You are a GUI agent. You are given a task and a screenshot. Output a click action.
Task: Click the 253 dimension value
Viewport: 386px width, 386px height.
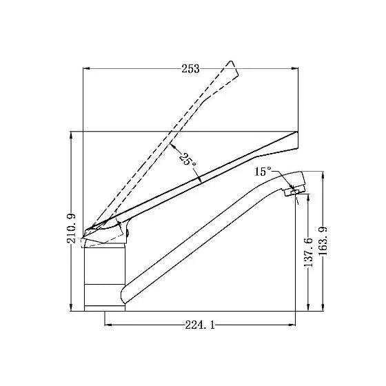[190, 69]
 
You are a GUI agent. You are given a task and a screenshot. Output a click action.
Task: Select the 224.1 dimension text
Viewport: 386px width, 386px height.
[200, 325]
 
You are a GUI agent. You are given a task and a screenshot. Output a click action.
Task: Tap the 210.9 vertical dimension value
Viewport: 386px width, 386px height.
[72, 228]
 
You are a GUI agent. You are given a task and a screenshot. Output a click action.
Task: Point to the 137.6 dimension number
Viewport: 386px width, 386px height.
[308, 252]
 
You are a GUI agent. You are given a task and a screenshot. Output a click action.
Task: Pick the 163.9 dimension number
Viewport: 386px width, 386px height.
[323, 241]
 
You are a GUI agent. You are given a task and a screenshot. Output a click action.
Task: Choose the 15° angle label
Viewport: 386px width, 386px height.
[263, 172]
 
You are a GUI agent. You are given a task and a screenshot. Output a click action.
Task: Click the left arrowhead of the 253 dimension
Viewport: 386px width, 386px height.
[86, 68]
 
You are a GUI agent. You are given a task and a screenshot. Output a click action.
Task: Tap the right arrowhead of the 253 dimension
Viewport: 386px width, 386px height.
[295, 68]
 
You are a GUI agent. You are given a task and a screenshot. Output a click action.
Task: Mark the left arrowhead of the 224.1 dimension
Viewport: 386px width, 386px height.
[108, 325]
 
